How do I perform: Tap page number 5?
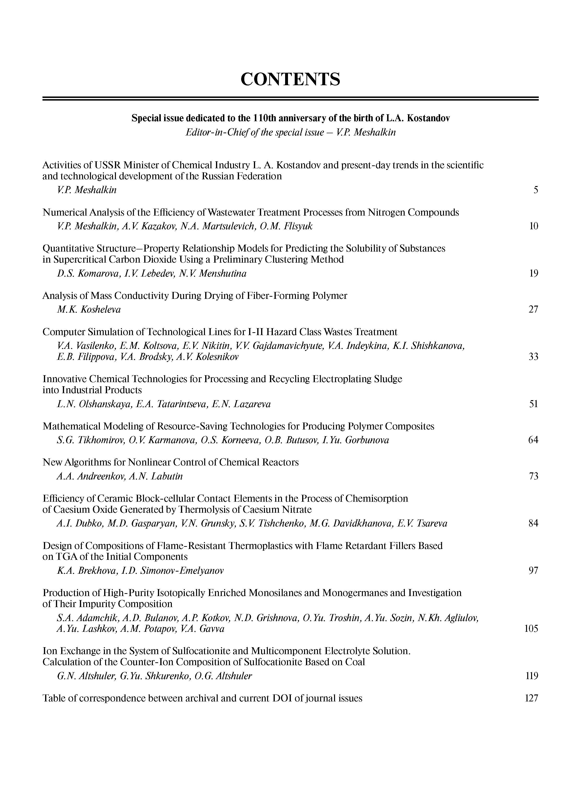[x=535, y=190]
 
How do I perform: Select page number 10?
[x=533, y=226]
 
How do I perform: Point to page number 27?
[x=533, y=309]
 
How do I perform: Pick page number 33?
[x=533, y=357]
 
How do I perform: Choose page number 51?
[x=533, y=404]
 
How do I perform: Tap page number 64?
[x=533, y=440]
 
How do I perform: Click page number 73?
[x=533, y=476]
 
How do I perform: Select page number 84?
[x=533, y=523]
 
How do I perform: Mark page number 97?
[x=533, y=571]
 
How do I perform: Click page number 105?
[x=531, y=629]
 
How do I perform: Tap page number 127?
[x=531, y=698]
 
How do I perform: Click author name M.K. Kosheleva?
[x=89, y=309]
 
